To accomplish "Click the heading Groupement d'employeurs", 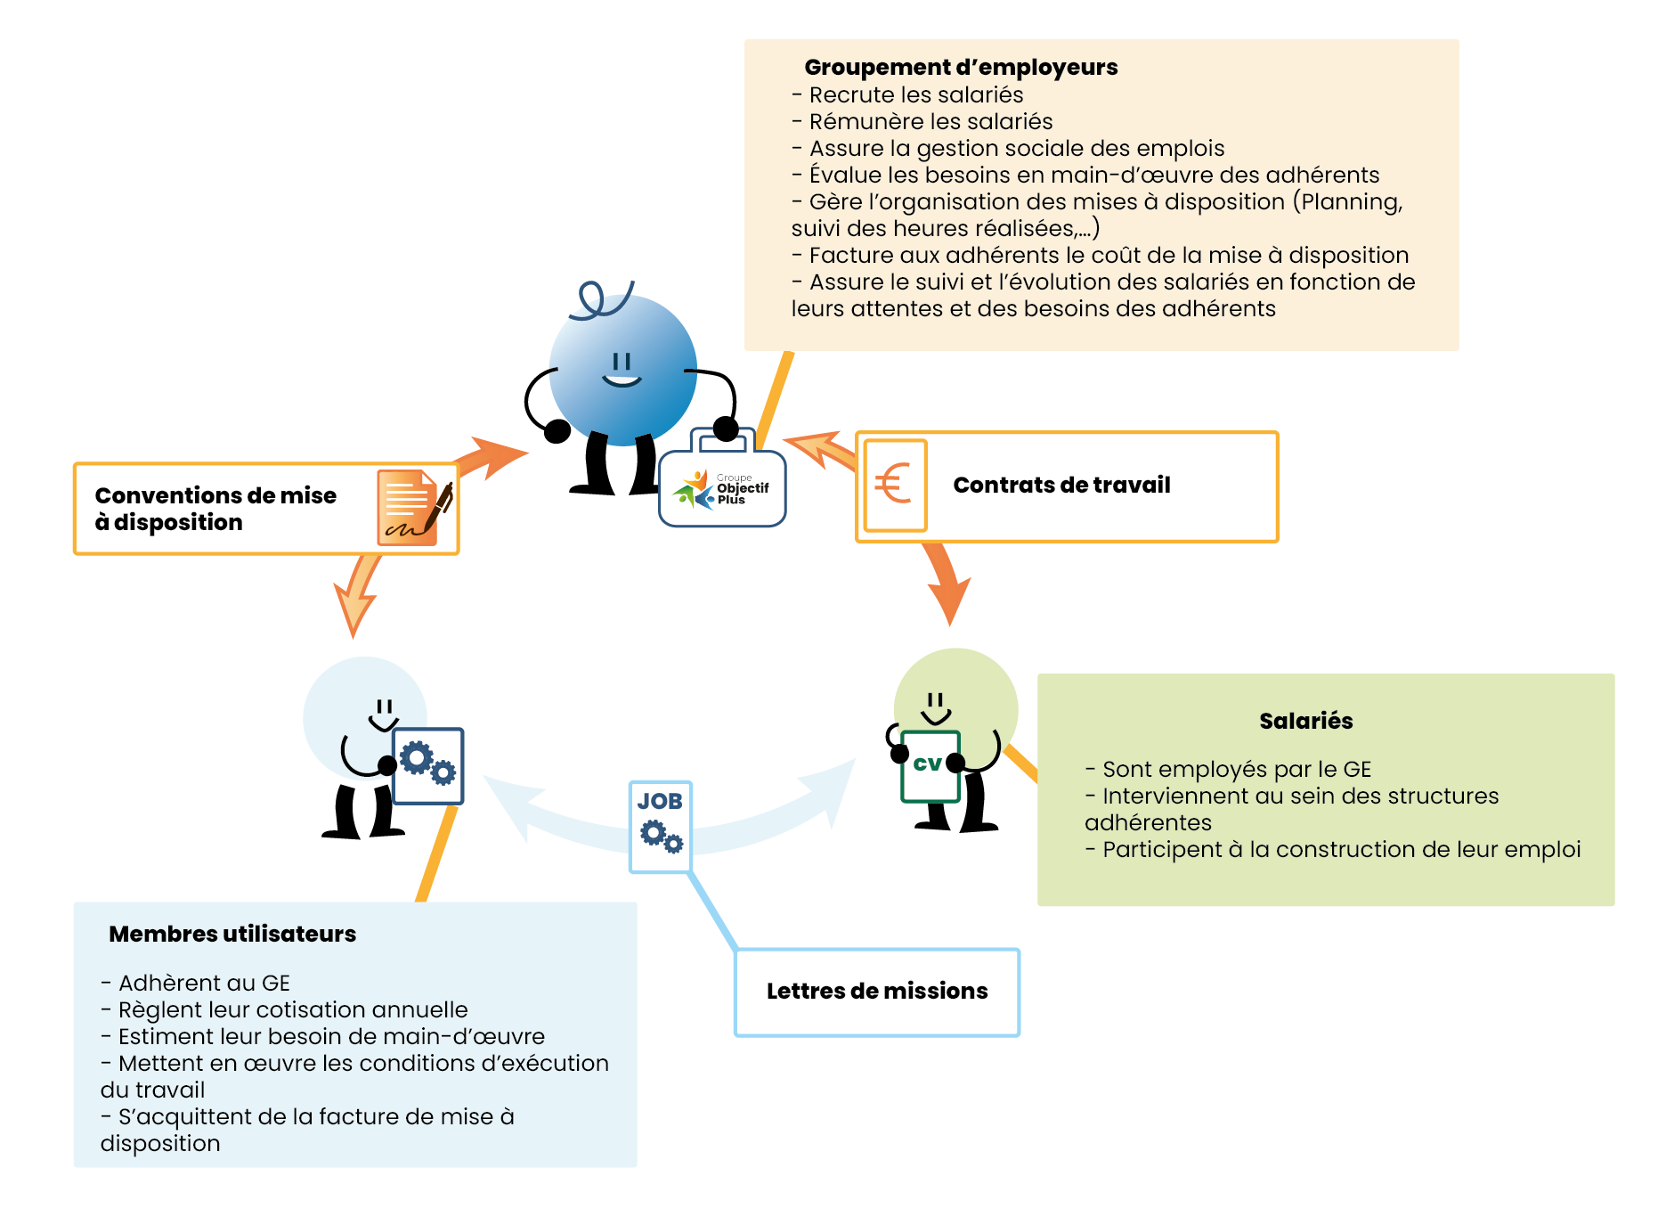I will pyautogui.click(x=960, y=68).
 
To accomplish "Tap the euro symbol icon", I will pyautogui.click(x=893, y=485).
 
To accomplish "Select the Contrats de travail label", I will pyautogui.click(x=1061, y=486).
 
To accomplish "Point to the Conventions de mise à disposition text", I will pyautogui.click(x=215, y=509).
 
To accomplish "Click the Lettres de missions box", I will pyautogui.click(x=876, y=992).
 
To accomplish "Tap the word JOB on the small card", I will pyautogui.click(x=660, y=802).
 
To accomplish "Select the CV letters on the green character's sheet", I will pyautogui.click(x=927, y=764).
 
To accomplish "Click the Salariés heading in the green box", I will pyautogui.click(x=1305, y=722).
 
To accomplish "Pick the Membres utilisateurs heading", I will pyautogui.click(x=232, y=935).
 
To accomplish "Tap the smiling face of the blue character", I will pyautogui.click(x=622, y=370).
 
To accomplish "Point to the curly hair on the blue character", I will pyautogui.click(x=600, y=299).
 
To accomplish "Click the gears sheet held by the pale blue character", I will pyautogui.click(x=428, y=765).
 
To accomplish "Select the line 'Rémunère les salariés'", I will pyautogui.click(x=930, y=122).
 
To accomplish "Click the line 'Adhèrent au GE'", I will pyautogui.click(x=203, y=984).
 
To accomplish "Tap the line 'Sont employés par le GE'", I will pyautogui.click(x=1236, y=770).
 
